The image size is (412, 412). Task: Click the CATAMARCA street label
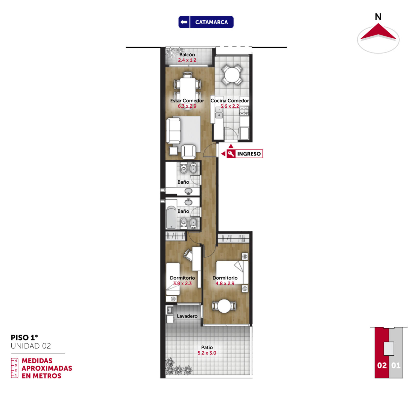[211, 22]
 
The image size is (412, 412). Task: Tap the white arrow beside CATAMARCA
[184, 22]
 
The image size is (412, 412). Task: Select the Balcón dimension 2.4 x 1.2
[187, 60]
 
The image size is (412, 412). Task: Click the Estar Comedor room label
[187, 101]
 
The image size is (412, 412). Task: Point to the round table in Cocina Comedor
[232, 75]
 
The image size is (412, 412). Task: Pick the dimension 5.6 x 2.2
[230, 106]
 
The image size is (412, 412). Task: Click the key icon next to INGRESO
[231, 154]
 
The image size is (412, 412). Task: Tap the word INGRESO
[249, 154]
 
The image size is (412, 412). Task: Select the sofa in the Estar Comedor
[173, 131]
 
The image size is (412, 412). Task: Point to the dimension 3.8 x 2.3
[182, 284]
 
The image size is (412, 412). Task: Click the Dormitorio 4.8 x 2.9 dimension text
[225, 284]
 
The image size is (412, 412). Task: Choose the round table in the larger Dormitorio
[224, 306]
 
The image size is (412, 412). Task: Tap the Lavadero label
[187, 316]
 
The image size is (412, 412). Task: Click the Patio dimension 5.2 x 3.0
[207, 353]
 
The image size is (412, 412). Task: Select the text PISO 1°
[24, 338]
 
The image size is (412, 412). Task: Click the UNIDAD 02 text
[31, 346]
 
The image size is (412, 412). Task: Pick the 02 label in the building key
[382, 365]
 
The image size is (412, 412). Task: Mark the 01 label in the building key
[396, 365]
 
